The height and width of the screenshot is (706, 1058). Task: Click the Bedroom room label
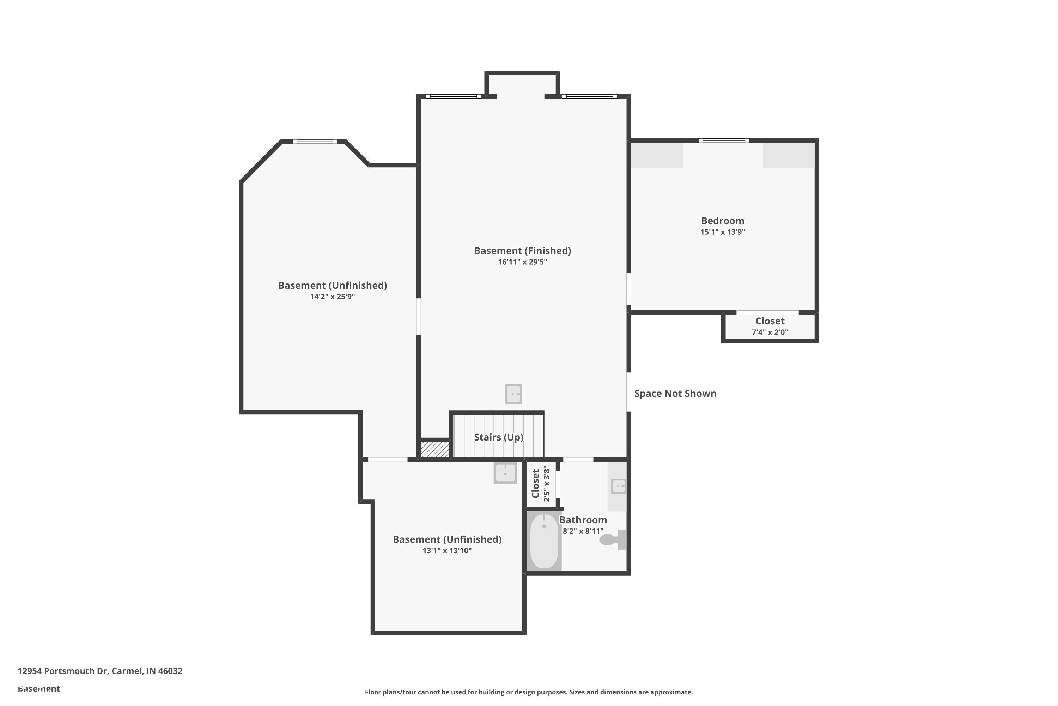click(x=722, y=221)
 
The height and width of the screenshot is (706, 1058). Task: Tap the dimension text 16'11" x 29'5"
click(x=522, y=262)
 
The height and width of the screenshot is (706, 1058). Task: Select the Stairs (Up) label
click(x=498, y=437)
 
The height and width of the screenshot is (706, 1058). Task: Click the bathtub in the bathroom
click(x=544, y=542)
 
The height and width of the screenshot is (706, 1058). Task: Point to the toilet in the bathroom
click(x=612, y=539)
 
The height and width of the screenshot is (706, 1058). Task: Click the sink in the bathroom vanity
click(x=619, y=486)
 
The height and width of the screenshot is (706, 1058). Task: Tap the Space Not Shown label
click(x=675, y=394)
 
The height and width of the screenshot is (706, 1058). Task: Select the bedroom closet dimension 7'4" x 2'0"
click(x=770, y=332)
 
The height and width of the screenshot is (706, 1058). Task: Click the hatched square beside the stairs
click(x=434, y=449)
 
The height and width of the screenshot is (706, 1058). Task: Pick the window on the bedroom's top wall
click(x=724, y=140)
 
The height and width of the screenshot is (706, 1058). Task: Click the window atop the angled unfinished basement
click(x=315, y=142)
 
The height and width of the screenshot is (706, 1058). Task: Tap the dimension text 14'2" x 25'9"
click(x=333, y=297)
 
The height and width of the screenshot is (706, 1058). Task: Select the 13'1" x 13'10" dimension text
click(x=447, y=550)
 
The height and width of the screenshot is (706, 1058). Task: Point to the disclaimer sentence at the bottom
click(x=529, y=692)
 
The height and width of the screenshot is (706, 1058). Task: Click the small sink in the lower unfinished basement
click(x=505, y=473)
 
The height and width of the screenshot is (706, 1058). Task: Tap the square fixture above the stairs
click(x=513, y=394)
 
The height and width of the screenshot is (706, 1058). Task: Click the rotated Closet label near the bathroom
click(x=535, y=484)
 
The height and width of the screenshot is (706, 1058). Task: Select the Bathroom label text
click(x=583, y=520)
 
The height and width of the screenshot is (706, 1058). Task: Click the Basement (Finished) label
click(x=522, y=251)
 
